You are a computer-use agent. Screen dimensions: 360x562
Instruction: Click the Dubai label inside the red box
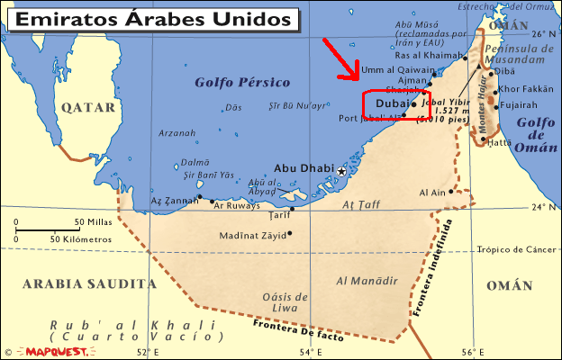click(x=392, y=103)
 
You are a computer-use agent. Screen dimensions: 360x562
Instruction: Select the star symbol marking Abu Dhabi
click(x=342, y=170)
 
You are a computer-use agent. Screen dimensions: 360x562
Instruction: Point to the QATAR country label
click(x=88, y=107)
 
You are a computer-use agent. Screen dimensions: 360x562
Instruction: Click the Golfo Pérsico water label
click(x=242, y=82)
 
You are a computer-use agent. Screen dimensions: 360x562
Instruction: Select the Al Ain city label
click(x=433, y=192)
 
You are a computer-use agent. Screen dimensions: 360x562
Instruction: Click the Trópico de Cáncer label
click(x=515, y=249)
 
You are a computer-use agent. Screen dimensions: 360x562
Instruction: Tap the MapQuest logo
click(x=55, y=351)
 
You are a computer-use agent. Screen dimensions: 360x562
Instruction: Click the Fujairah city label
click(x=518, y=105)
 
